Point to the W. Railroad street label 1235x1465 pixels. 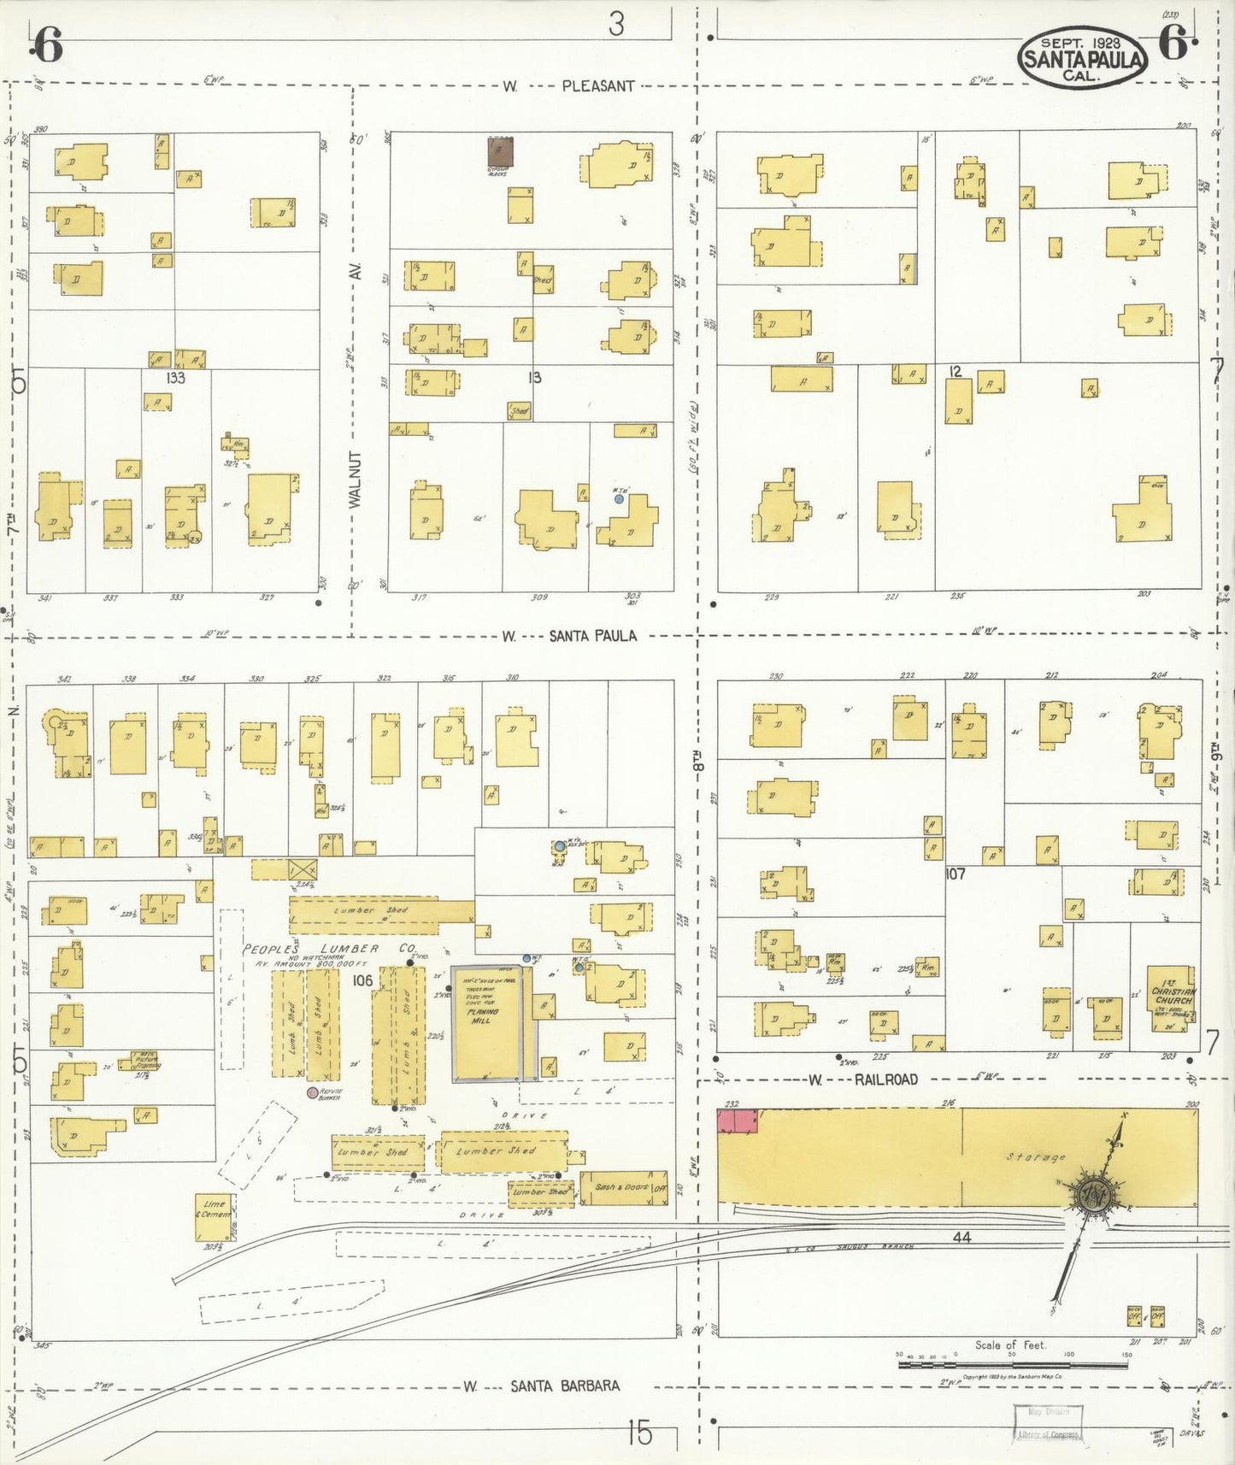coord(863,1080)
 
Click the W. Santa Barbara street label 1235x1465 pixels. coord(542,1386)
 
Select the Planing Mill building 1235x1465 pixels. coord(485,1022)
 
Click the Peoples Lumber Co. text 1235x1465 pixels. coord(329,949)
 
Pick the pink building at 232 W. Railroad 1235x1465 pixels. coord(737,1121)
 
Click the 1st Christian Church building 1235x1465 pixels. coord(1172,996)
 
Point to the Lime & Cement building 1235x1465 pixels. coord(214,1216)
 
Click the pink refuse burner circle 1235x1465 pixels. coord(313,1092)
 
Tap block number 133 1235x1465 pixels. coord(175,378)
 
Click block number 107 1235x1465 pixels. coord(955,874)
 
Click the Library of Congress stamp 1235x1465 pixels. coord(1048,1433)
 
